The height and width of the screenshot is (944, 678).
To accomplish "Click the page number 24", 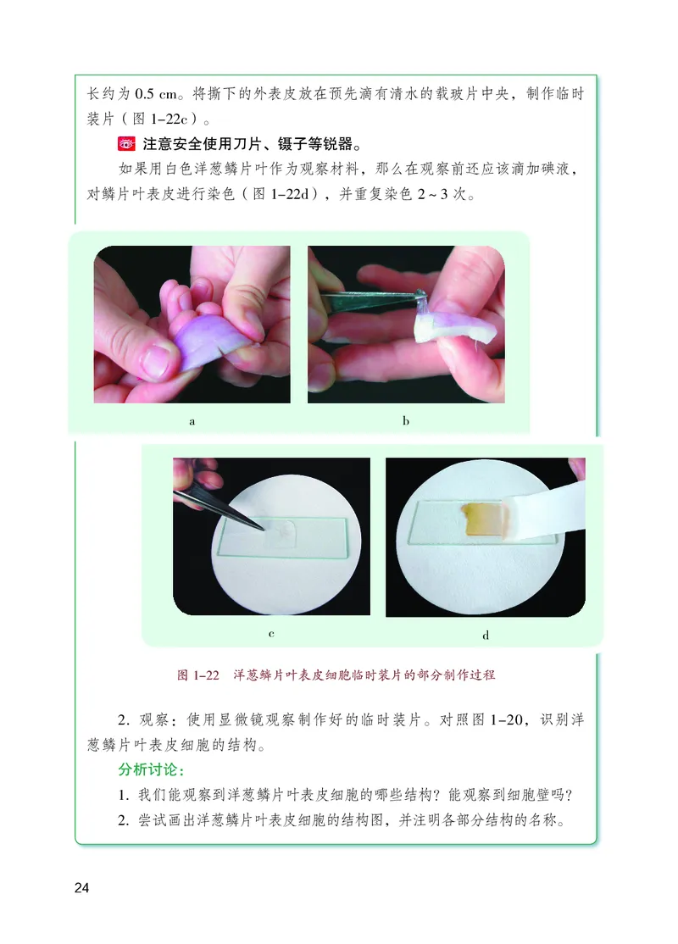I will click(81, 887).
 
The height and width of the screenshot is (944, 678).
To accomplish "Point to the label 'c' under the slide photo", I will click(271, 633).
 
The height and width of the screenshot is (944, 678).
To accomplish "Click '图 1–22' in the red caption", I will click(198, 675).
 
